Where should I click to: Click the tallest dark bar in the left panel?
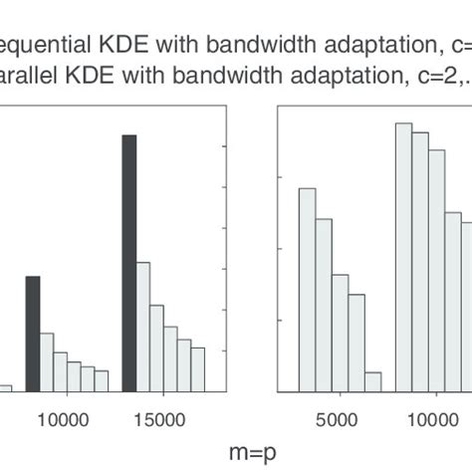click(128, 263)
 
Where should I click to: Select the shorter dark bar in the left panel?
click(32, 334)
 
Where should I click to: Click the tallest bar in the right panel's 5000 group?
click(308, 289)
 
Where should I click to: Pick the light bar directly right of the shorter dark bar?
click(47, 361)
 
